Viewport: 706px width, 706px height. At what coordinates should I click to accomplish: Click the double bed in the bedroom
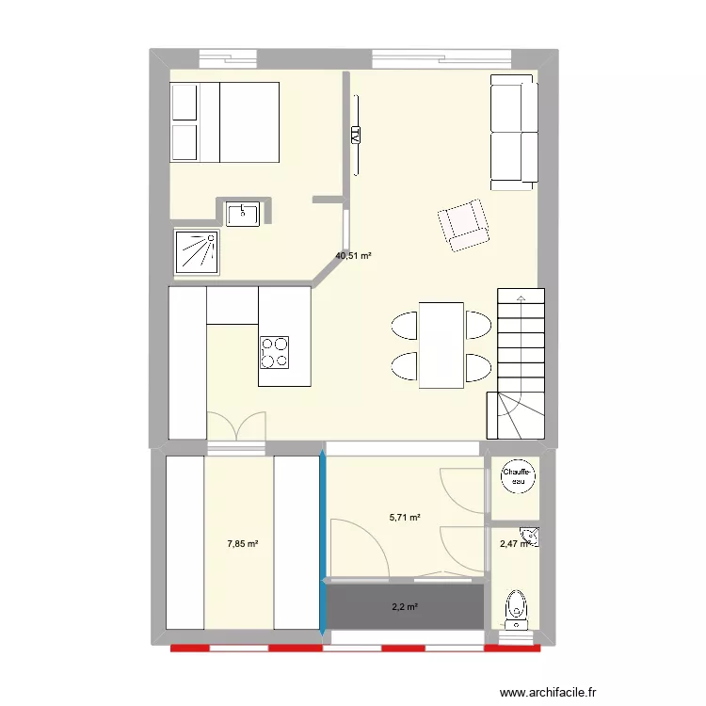tap(225, 121)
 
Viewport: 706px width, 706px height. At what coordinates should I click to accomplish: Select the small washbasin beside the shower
tap(244, 213)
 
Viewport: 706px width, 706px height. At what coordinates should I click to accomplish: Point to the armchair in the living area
tap(464, 225)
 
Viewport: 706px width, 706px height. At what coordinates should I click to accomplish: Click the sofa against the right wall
tap(514, 132)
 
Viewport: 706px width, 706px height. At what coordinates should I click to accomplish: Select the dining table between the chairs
tap(441, 345)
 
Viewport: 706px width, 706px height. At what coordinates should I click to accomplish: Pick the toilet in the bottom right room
tap(515, 607)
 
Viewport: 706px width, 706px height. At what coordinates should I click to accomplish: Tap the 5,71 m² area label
tap(405, 517)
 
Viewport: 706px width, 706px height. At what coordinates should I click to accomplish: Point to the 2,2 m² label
tap(404, 607)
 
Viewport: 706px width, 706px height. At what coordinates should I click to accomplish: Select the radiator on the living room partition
tap(356, 135)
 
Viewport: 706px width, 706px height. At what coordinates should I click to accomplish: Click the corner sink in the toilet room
tap(533, 538)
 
